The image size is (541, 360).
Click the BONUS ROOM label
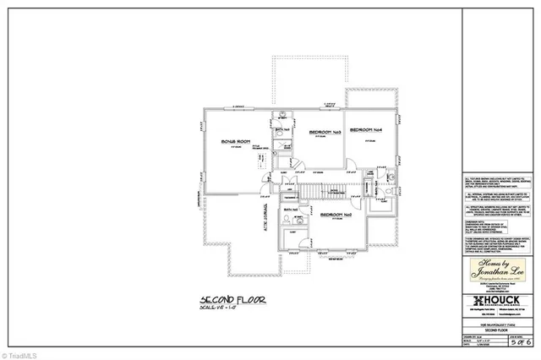pyautogui.click(x=238, y=140)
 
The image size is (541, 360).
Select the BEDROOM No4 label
pyautogui.click(x=367, y=129)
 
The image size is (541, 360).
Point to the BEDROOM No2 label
pyautogui.click(x=336, y=215)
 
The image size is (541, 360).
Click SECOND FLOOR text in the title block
pyautogui.click(x=498, y=327)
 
